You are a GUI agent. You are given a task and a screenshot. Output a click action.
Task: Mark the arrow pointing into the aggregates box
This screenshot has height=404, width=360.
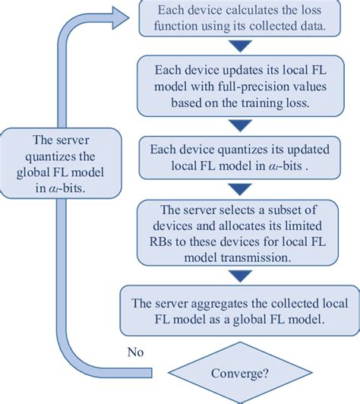(x=243, y=276)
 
